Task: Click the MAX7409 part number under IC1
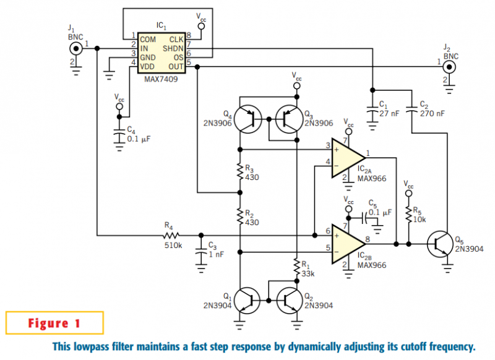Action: coord(161,79)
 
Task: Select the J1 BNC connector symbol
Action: coord(75,49)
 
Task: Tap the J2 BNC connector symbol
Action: coord(449,67)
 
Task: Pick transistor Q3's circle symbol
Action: coord(290,119)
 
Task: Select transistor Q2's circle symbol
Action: coord(290,301)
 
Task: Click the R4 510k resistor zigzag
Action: coord(171,236)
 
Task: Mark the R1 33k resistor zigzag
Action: coord(297,267)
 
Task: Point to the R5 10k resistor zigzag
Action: coord(409,215)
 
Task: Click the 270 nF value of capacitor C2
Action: coord(432,114)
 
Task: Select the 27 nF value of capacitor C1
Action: coord(389,114)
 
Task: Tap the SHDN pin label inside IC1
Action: coord(173,49)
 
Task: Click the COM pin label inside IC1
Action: coord(148,40)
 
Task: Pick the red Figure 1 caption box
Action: coord(54,323)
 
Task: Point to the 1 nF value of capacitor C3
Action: coord(216,255)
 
